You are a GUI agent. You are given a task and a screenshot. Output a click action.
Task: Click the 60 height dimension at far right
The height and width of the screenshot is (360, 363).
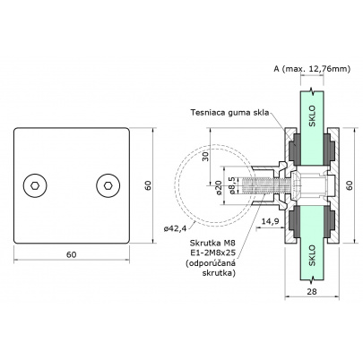(350, 185)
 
